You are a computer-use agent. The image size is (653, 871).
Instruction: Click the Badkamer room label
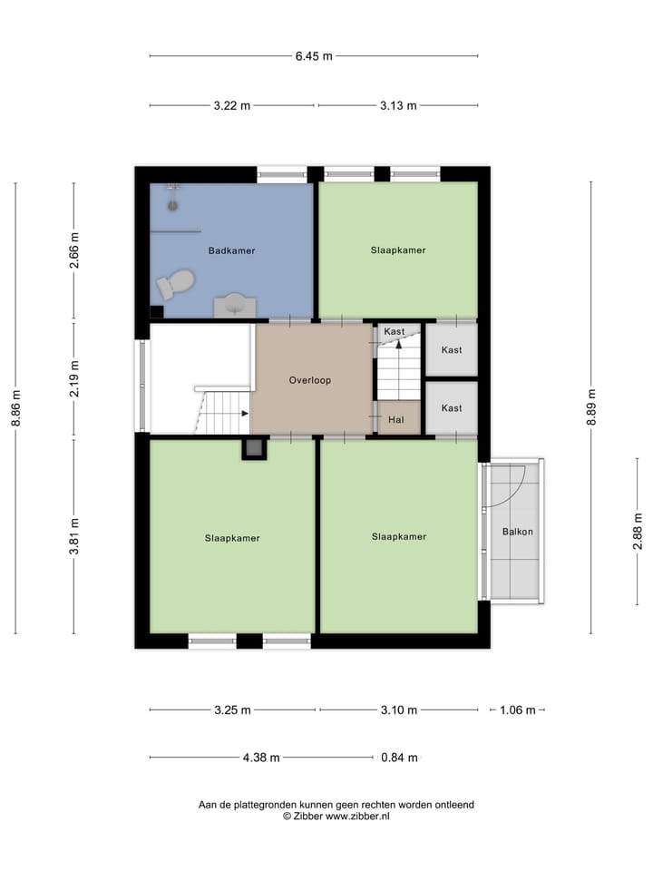pos(231,250)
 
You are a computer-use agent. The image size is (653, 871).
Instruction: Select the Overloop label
pos(309,380)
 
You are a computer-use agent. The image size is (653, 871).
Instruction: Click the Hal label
pos(395,419)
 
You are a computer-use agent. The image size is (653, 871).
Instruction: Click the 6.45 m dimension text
pos(313,56)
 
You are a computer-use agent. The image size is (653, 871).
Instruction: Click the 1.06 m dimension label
pos(518,710)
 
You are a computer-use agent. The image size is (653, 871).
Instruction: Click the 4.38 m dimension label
pos(261,758)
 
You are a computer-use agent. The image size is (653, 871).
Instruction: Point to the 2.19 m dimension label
pos(74,379)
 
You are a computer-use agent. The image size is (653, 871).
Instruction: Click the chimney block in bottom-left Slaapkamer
pos(255,448)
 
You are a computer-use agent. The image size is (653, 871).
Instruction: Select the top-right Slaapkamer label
pos(397,250)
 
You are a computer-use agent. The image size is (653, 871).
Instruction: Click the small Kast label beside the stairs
pos(394,332)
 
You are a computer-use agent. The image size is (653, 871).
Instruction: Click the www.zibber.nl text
pos(357,817)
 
